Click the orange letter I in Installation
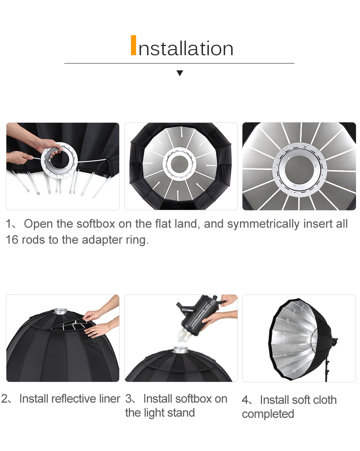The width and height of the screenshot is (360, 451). click(x=133, y=45)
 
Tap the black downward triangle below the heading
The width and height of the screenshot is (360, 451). click(x=180, y=73)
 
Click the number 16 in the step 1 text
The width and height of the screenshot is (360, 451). click(x=12, y=239)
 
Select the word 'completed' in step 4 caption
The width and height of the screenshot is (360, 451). click(x=268, y=414)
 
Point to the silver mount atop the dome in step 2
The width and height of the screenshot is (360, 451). click(x=60, y=311)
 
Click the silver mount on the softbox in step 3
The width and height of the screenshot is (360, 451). click(x=181, y=350)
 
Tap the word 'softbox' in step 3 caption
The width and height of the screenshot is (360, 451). click(x=194, y=399)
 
